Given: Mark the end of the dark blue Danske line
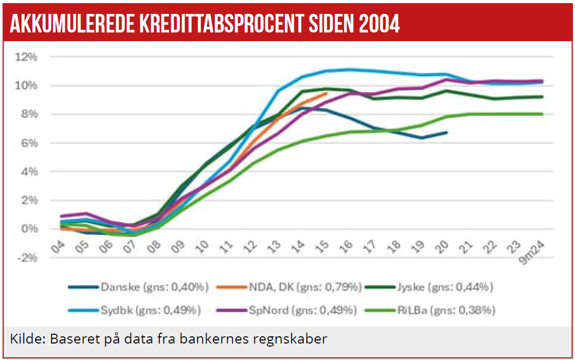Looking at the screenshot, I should point(446,132).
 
